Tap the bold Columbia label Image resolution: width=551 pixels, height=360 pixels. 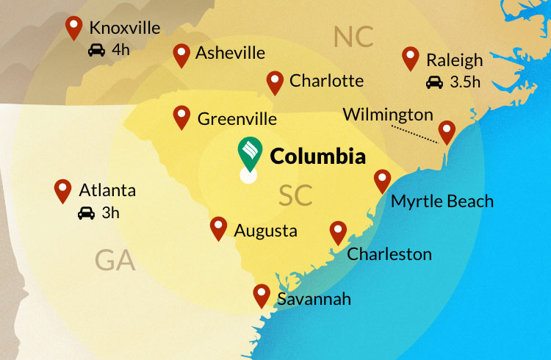point(317,156)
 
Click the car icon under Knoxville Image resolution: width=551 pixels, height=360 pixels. point(96,51)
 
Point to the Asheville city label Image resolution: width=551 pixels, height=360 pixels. point(230,53)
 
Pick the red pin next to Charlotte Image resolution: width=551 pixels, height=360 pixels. point(275,82)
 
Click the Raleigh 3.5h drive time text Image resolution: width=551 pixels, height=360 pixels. point(464,82)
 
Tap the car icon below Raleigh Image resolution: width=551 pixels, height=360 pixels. point(434,82)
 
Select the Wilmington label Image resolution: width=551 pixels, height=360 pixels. point(388,115)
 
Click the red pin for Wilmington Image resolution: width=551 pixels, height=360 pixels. point(447,132)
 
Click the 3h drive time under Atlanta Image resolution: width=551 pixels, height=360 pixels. point(110,214)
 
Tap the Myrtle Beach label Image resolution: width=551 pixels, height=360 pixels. point(442,201)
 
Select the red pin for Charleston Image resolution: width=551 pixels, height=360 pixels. point(338,232)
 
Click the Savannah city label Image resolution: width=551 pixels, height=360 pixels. point(314,299)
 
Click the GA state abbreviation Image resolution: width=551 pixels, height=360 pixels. point(115,260)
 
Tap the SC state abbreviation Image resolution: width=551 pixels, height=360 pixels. point(295,195)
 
